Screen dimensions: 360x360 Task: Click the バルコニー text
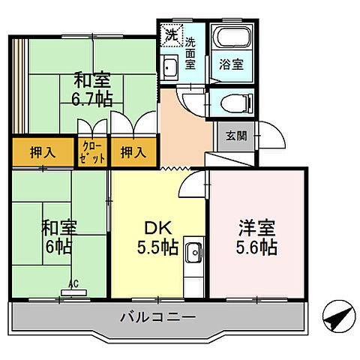157,318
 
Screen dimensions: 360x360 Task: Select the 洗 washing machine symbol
172,34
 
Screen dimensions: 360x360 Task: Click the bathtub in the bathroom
231,38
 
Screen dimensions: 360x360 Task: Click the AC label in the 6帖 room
73,283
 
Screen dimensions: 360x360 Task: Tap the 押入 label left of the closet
42,152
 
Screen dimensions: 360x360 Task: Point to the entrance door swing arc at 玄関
276,139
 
